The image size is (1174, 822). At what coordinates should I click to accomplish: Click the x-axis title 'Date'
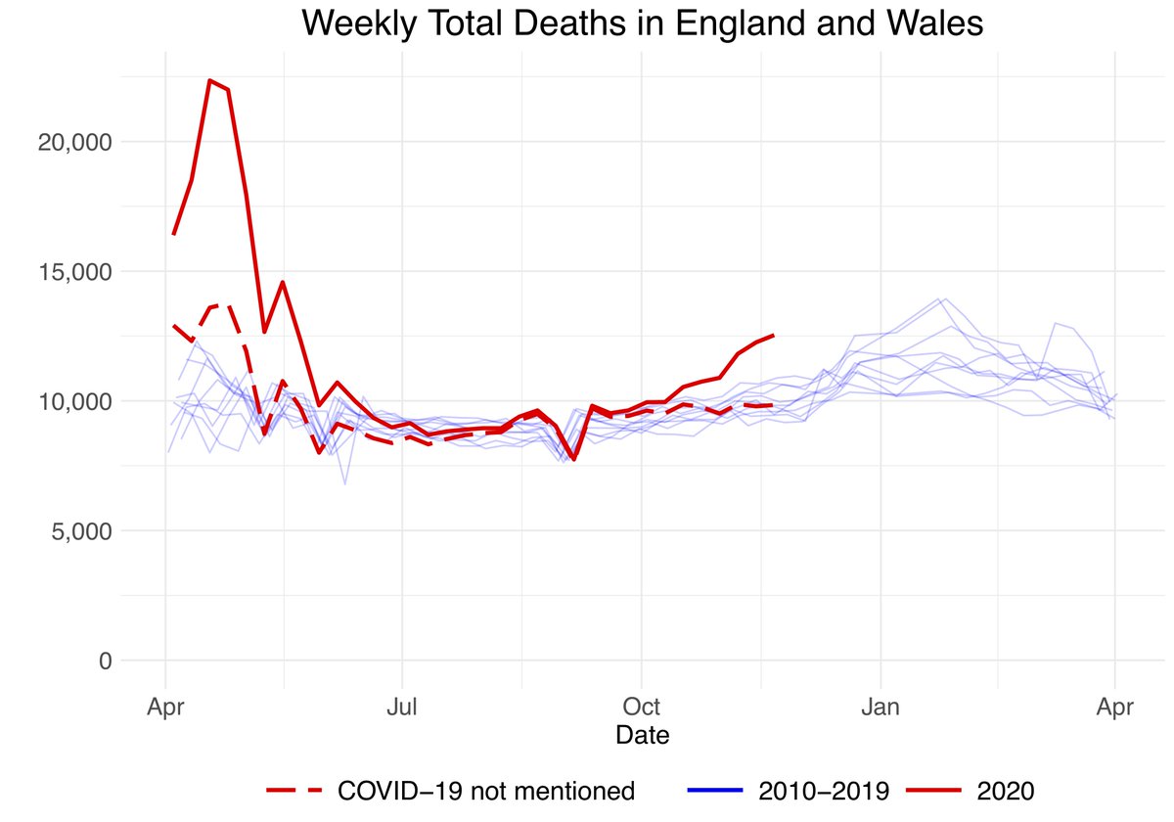tap(642, 734)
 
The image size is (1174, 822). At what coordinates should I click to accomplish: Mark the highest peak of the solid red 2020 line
tap(209, 80)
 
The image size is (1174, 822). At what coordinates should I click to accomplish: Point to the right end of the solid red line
tap(774, 336)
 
